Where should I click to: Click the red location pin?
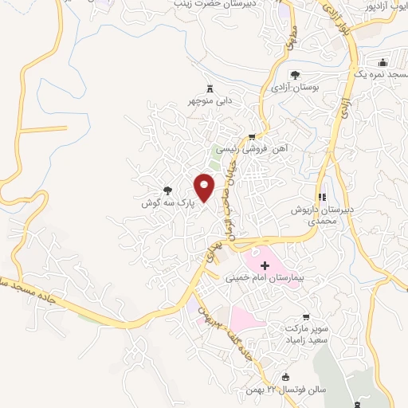click(x=205, y=187)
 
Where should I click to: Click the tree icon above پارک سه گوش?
click(x=167, y=190)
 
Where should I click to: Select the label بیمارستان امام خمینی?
click(x=263, y=280)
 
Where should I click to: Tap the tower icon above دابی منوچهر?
click(x=210, y=87)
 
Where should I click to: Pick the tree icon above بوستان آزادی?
click(x=295, y=75)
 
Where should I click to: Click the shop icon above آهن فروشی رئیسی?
click(x=253, y=136)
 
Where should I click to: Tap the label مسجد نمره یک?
click(x=382, y=75)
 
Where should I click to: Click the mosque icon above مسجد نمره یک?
click(x=382, y=62)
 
